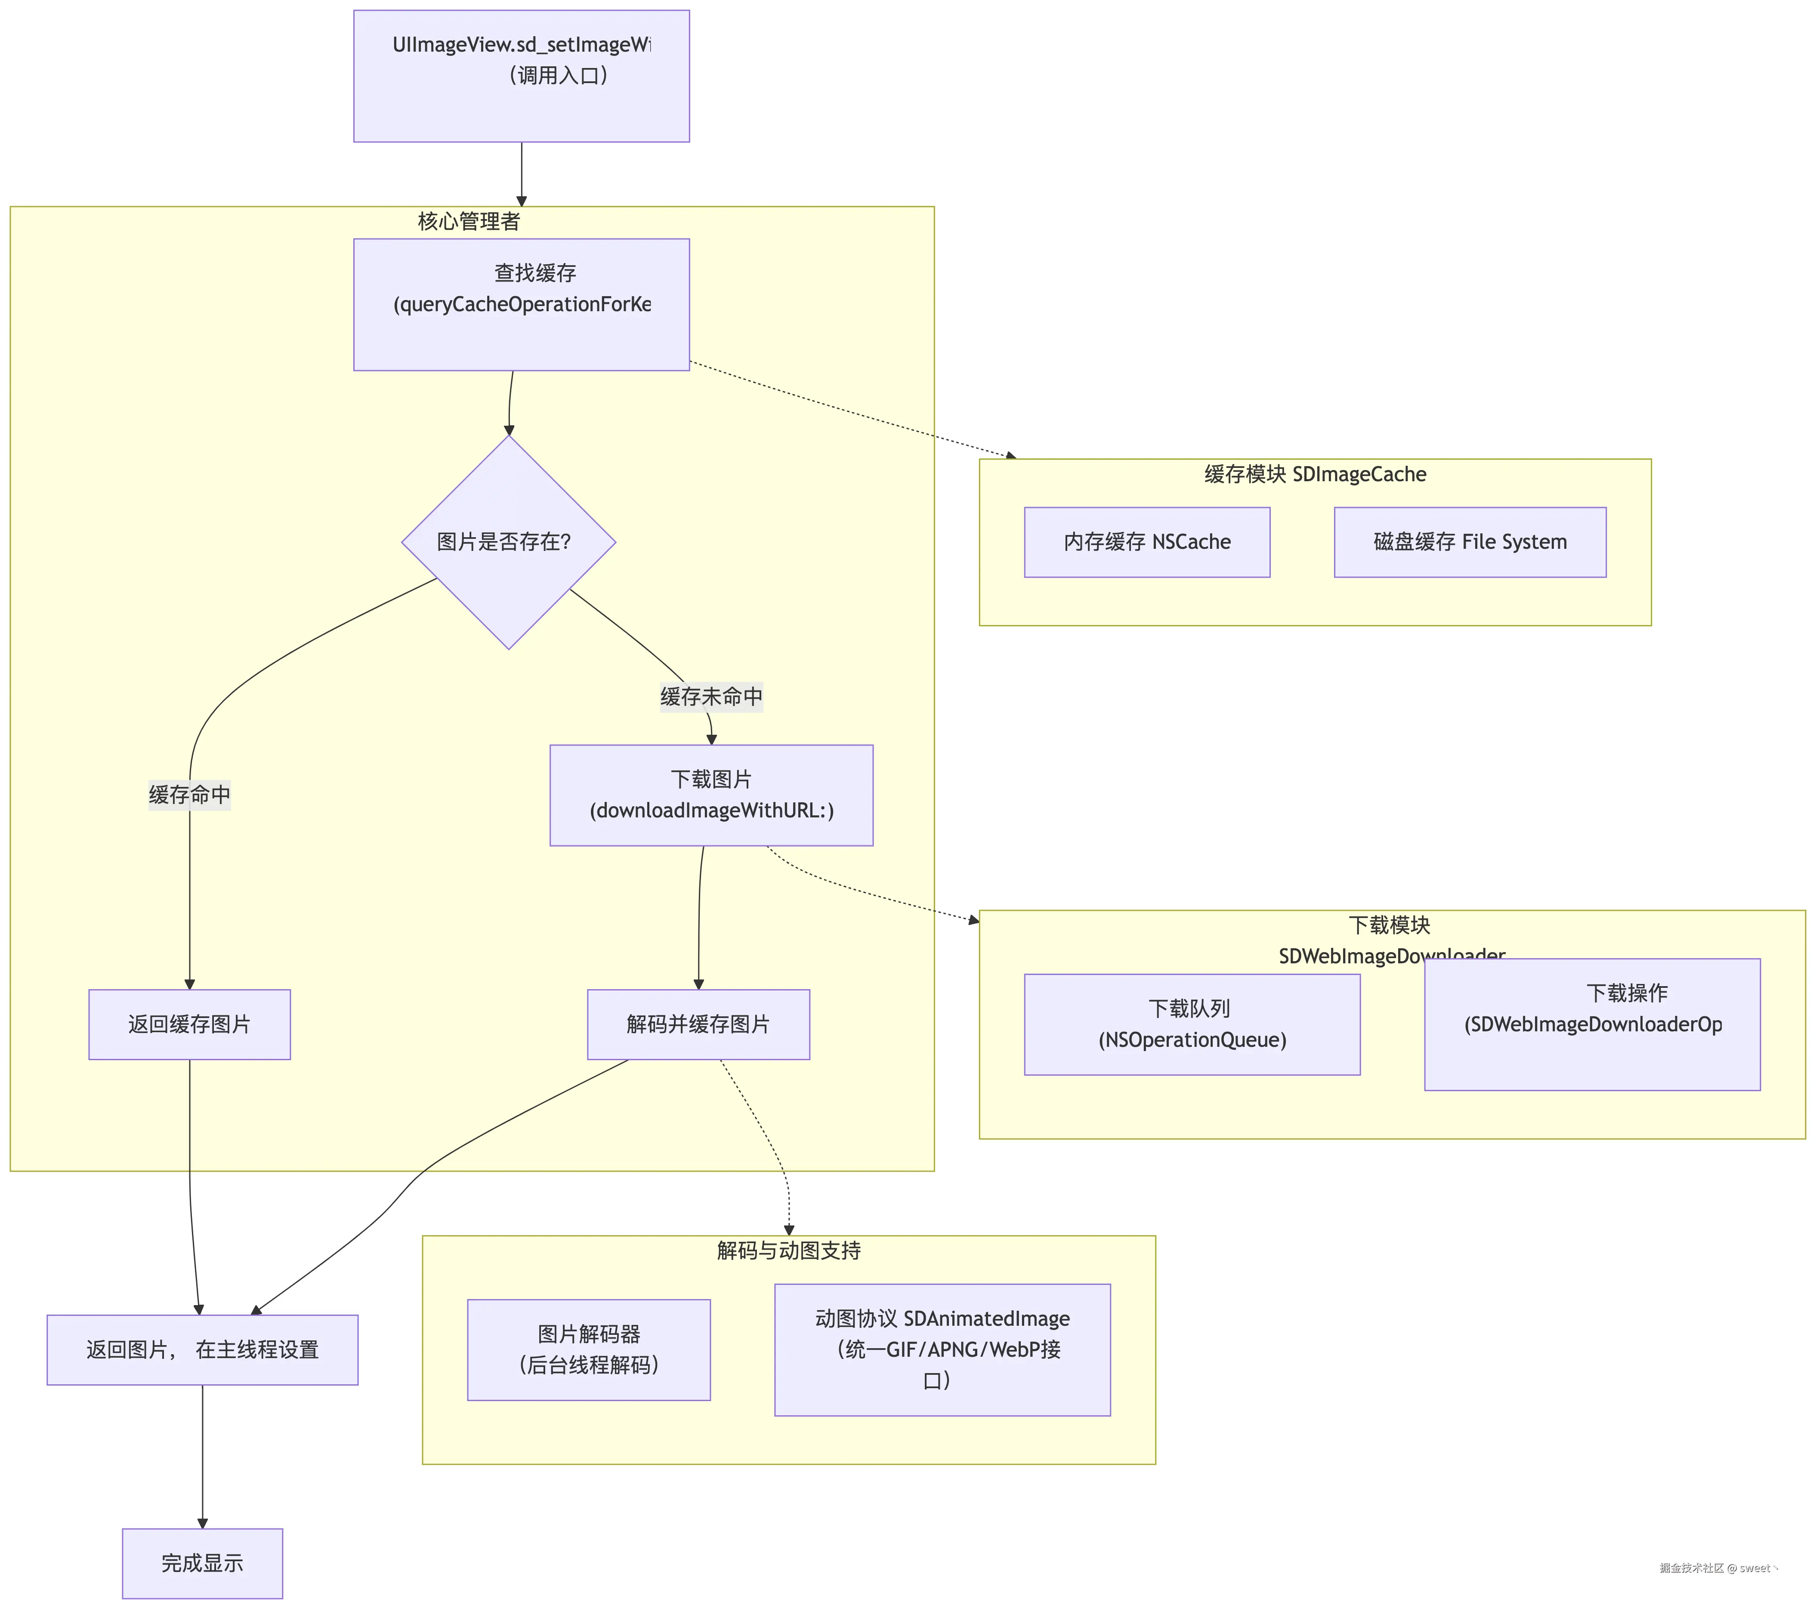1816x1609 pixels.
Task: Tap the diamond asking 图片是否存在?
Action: pos(508,542)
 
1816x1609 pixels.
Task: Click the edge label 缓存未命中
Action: pos(711,696)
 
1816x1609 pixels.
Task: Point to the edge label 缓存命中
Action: pos(189,794)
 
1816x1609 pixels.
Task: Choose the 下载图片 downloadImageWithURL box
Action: pos(711,795)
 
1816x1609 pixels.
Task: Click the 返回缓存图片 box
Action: pos(189,1024)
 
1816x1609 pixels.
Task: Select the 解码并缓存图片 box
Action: pos(698,1024)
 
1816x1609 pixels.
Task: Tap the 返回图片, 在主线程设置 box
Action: pos(203,1349)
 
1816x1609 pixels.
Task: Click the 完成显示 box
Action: pos(203,1563)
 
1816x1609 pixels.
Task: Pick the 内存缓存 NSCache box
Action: pos(1147,542)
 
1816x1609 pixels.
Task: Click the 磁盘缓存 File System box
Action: pos(1470,542)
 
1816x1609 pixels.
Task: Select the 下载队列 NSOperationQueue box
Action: pos(1192,1024)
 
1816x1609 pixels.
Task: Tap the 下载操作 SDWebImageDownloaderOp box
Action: pos(1592,1024)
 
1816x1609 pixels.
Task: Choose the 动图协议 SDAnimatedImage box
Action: pos(942,1349)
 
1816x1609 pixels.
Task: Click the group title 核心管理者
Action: pos(469,221)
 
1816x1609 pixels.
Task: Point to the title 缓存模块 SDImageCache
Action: pos(1315,474)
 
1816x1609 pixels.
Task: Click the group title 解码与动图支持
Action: pos(789,1251)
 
